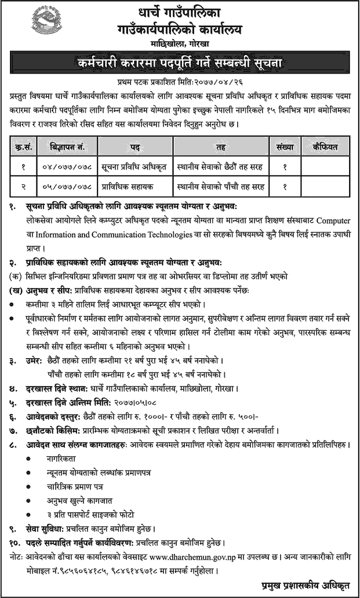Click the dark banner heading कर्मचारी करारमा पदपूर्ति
(x=180, y=63)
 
